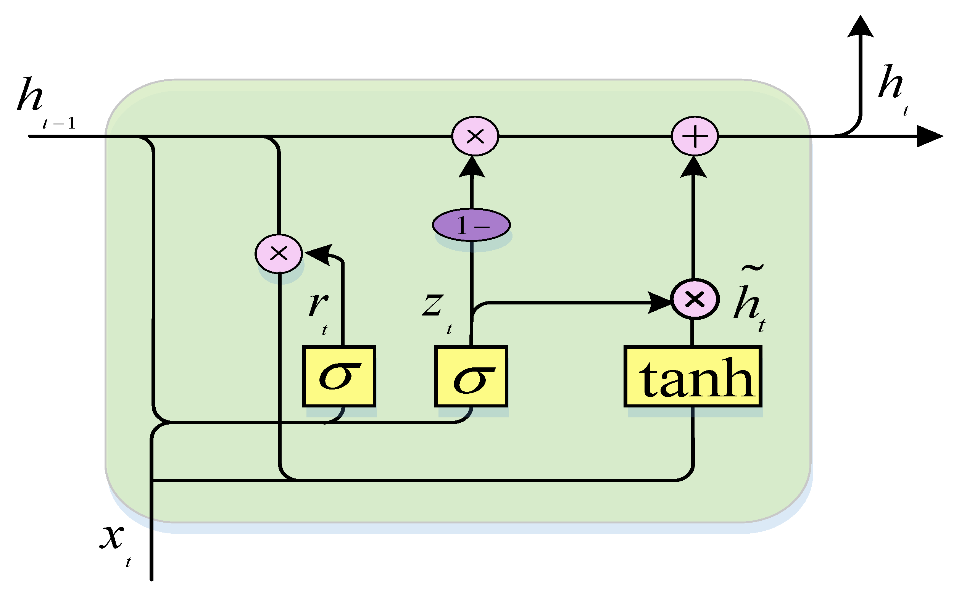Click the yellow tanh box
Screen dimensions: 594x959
pyautogui.click(x=693, y=377)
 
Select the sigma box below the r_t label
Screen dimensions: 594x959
pyautogui.click(x=339, y=377)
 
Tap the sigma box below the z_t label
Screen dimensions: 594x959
pyautogui.click(x=471, y=377)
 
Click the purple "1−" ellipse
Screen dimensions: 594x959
pyautogui.click(x=471, y=225)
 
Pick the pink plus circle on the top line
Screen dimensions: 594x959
pyautogui.click(x=695, y=136)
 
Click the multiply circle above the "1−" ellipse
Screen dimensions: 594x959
pyautogui.click(x=475, y=136)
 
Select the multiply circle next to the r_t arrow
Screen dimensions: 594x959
pyautogui.click(x=279, y=253)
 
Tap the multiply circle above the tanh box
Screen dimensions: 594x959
pyautogui.click(x=695, y=299)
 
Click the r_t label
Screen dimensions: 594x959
pyautogui.click(x=319, y=311)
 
